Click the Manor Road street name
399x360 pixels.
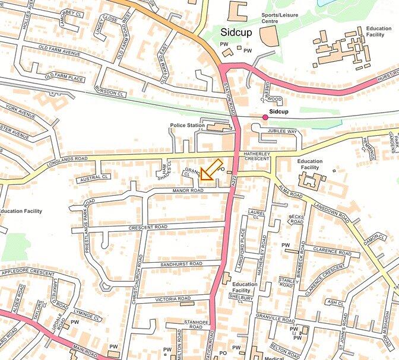188,190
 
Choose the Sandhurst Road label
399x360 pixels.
180,263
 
